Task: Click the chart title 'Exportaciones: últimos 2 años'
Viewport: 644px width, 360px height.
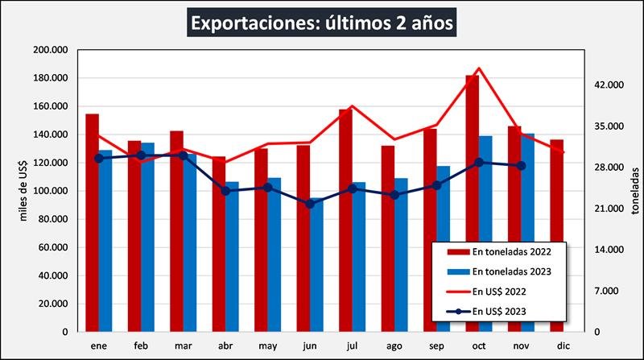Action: click(x=322, y=22)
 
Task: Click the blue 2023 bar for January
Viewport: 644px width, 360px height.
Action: click(x=105, y=241)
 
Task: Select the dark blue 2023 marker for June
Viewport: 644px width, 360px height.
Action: click(x=310, y=204)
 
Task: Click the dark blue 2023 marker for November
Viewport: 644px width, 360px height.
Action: click(x=522, y=166)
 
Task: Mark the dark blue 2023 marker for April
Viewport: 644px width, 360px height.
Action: click(x=225, y=191)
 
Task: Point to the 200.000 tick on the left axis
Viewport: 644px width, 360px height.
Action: click(x=51, y=50)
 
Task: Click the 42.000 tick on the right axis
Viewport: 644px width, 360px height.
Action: click(x=609, y=85)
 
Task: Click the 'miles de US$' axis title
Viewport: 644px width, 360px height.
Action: click(x=23, y=189)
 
